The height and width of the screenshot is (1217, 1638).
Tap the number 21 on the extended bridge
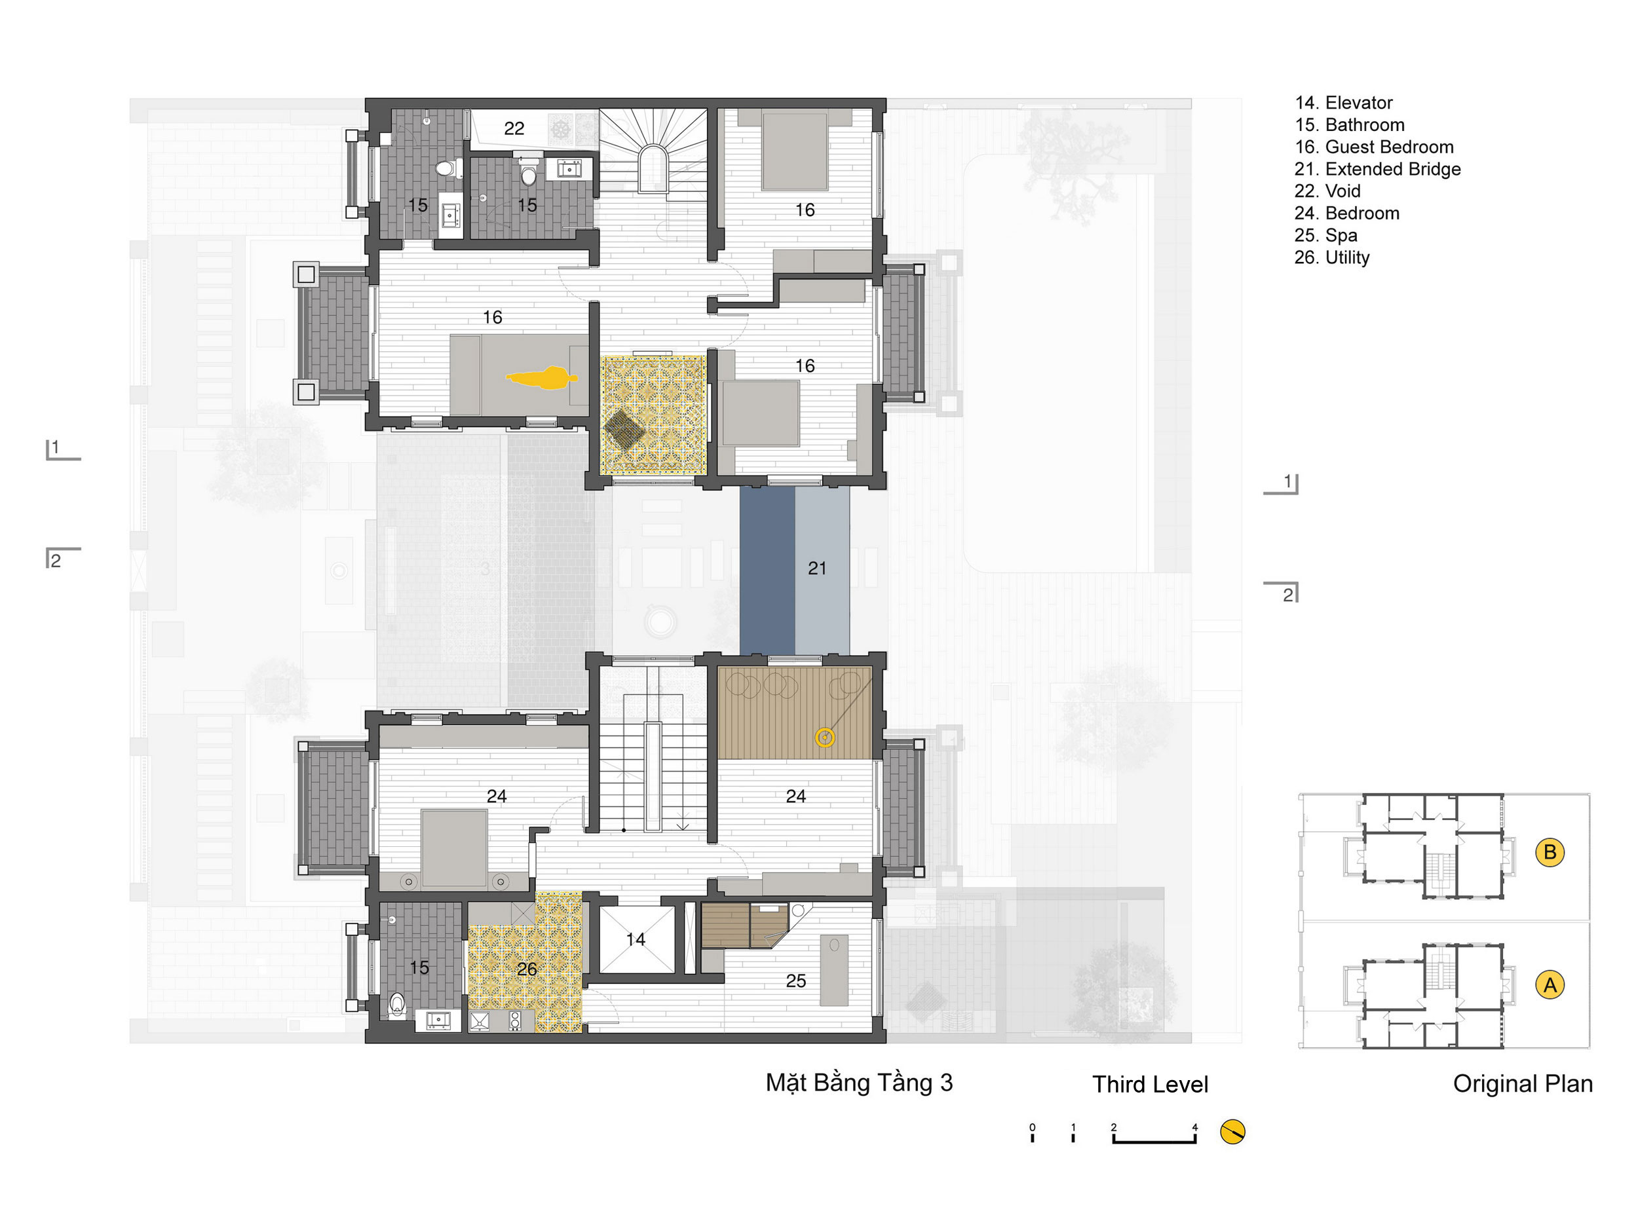[x=816, y=568]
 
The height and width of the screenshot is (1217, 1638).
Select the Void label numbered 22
[x=514, y=128]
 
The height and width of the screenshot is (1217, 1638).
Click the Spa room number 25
[x=796, y=981]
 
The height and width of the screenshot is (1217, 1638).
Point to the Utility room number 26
[x=526, y=969]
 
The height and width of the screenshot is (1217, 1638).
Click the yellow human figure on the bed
[x=542, y=378]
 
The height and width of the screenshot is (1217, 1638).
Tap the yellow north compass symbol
[x=1232, y=1132]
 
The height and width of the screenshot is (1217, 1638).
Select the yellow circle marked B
[x=1550, y=852]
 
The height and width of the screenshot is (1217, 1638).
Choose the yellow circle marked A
[x=1550, y=985]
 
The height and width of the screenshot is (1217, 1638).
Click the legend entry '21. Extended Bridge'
[x=1377, y=170]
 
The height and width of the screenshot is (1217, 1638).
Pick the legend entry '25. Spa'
[x=1325, y=236]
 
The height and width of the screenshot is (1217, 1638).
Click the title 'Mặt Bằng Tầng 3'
[x=859, y=1082]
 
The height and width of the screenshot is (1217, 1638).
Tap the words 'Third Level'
[x=1151, y=1085]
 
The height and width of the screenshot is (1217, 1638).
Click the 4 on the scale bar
[x=1195, y=1127]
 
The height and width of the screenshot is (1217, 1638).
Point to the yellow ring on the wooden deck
[x=824, y=738]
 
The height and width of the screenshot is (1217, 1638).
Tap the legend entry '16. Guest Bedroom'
[x=1374, y=147]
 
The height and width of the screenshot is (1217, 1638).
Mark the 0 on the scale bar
[x=1033, y=1127]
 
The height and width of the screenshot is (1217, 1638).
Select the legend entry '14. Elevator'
[x=1344, y=103]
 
